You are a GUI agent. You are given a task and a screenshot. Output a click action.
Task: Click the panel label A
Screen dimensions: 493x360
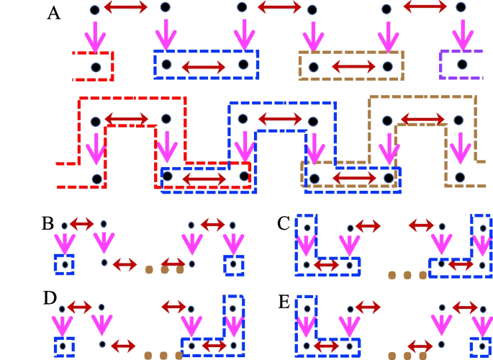click(x=54, y=12)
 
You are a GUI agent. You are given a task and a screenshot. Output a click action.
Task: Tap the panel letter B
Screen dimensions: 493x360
click(x=48, y=222)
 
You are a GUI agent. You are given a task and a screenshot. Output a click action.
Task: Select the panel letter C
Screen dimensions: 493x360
click(x=283, y=223)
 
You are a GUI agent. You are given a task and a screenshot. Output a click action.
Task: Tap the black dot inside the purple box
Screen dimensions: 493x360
click(x=461, y=65)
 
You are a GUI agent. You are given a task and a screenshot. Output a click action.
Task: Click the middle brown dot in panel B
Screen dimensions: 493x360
click(x=164, y=270)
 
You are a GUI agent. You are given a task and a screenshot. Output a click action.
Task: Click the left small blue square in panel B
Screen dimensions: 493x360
click(x=65, y=264)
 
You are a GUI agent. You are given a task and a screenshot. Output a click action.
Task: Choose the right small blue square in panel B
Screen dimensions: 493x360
click(x=233, y=264)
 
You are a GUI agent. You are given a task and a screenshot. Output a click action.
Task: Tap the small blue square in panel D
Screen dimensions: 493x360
click(x=63, y=346)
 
